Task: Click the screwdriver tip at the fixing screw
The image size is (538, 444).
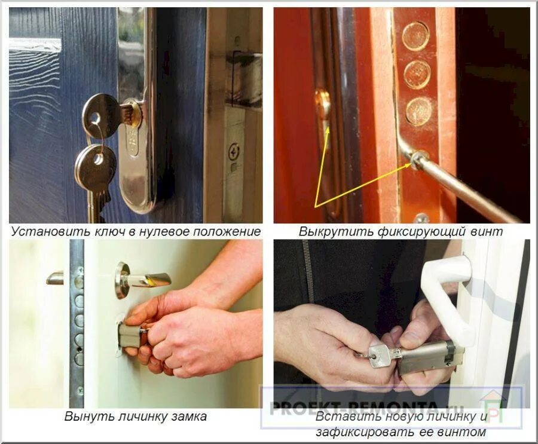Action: tap(416, 160)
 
